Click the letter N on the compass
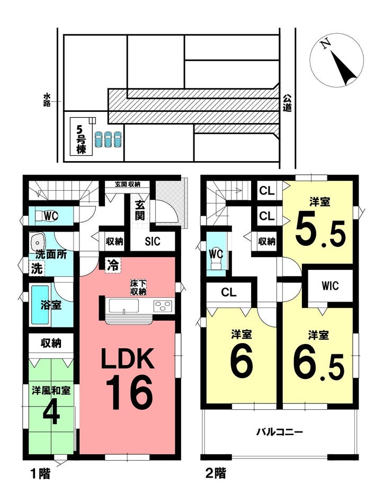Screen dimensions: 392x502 pyautogui.click(x=326, y=44)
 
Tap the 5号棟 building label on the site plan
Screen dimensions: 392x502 pyautogui.click(x=81, y=139)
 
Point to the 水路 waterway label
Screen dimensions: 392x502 pyautogui.click(x=47, y=100)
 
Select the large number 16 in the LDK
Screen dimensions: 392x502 pyautogui.click(x=129, y=392)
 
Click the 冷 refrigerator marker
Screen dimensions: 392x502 pyautogui.click(x=113, y=265)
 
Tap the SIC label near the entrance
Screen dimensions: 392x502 pyautogui.click(x=153, y=241)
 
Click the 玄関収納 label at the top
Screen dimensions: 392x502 pyautogui.click(x=127, y=184)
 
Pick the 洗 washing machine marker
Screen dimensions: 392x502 pyautogui.click(x=37, y=268)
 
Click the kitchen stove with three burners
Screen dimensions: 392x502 pyautogui.click(x=163, y=306)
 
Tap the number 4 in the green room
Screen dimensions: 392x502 pyautogui.click(x=51, y=415)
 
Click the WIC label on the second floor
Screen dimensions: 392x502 pyautogui.click(x=330, y=285)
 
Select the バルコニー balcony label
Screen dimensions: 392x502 pyautogui.click(x=279, y=433)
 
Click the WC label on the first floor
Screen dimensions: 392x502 pyautogui.click(x=51, y=216)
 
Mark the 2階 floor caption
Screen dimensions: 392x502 pyautogui.click(x=216, y=472)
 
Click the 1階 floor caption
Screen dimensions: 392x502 pyautogui.click(x=40, y=473)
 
